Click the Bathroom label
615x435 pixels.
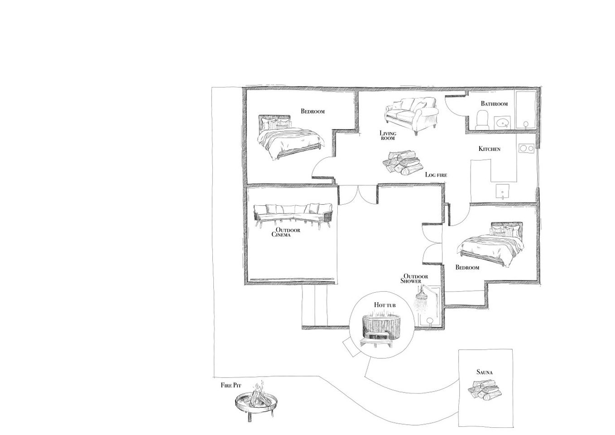(494, 104)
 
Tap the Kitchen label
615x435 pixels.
(490, 149)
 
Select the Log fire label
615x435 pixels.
(437, 174)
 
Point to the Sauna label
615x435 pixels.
(485, 372)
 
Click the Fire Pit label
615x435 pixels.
(231, 385)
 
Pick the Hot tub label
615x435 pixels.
(385, 305)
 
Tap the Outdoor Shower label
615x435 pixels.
(415, 279)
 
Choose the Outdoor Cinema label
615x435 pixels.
(287, 232)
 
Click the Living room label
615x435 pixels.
(388, 135)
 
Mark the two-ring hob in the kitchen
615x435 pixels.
(526, 148)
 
